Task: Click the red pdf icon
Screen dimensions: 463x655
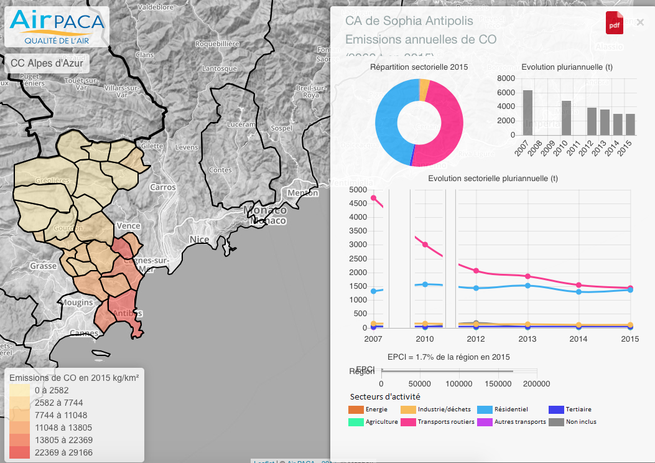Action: [614, 23]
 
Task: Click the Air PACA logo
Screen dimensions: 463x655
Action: [57, 27]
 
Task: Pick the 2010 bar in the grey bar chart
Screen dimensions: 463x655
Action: [566, 118]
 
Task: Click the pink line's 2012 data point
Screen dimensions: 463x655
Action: [476, 271]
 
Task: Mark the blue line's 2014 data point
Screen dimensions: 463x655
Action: [578, 291]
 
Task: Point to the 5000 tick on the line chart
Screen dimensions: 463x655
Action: [358, 190]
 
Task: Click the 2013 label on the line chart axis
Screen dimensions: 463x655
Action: [527, 339]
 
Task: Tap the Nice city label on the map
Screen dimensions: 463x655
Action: [200, 240]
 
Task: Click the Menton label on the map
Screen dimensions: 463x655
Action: [303, 193]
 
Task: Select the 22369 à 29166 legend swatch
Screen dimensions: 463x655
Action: [19, 452]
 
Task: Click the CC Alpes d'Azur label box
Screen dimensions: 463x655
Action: [47, 63]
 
